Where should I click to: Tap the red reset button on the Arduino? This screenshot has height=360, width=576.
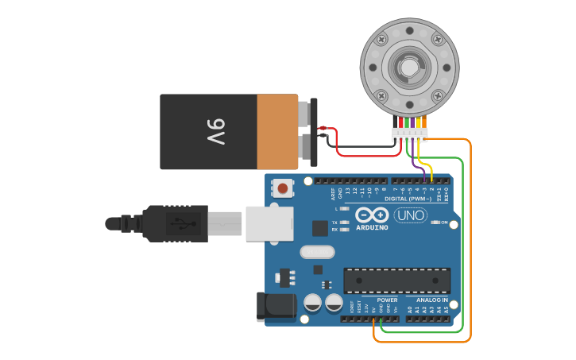[282, 188]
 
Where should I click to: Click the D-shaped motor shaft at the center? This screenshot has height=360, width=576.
[409, 67]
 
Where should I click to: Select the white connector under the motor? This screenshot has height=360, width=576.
[410, 134]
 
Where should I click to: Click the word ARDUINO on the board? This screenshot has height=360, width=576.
[372, 227]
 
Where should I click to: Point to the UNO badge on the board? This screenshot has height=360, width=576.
[411, 215]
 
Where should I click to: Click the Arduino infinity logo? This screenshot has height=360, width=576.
[372, 215]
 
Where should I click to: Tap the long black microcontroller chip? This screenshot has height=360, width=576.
[396, 281]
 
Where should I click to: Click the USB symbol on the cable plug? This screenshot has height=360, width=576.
[179, 223]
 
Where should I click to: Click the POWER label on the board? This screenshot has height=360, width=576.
[377, 300]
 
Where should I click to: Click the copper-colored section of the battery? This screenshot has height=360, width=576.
[276, 131]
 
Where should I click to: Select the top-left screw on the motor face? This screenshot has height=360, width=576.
[382, 37]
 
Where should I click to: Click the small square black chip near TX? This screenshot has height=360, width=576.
[320, 228]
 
